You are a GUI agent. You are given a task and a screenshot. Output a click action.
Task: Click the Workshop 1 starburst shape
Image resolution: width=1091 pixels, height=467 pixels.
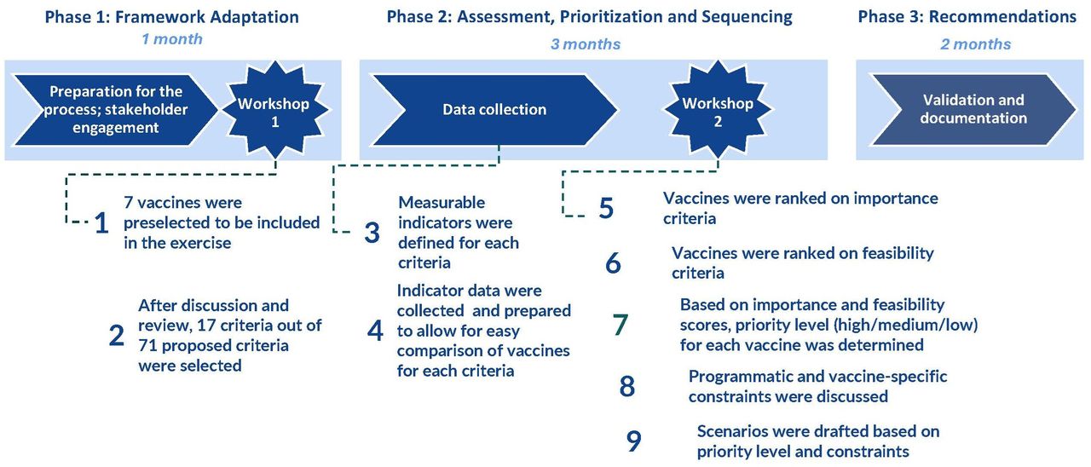pos(275,110)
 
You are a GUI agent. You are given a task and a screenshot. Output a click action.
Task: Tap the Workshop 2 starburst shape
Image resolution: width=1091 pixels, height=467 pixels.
pos(718,110)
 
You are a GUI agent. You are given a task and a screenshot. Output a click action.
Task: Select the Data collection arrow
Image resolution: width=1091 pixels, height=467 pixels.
pos(494,110)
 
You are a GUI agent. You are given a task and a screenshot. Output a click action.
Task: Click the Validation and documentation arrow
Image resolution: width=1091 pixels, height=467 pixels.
pos(973,110)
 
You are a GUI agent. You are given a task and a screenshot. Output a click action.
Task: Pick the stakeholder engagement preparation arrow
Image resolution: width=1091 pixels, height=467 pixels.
pos(115,110)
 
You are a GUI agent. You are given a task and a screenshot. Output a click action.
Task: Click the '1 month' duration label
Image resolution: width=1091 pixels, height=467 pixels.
pos(172,39)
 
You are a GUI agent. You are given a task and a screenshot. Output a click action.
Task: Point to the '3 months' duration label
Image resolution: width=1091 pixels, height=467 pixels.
pos(586,44)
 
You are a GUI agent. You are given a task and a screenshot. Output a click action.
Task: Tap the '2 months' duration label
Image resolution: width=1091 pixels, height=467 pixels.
pos(976,44)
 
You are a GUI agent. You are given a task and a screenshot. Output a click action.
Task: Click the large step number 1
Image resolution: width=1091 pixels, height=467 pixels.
pos(101,223)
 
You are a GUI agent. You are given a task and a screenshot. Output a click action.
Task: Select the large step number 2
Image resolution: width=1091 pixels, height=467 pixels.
pos(117,336)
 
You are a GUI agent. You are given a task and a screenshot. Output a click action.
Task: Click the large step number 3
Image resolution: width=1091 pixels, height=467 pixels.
pos(372,233)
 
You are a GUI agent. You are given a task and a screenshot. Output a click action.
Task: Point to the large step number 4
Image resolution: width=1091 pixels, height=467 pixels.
pos(375,332)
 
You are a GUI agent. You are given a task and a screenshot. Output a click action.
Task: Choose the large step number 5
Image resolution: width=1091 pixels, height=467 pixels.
pos(606,208)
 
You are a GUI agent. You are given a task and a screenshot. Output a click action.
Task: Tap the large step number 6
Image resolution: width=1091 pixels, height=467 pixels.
pos(613,263)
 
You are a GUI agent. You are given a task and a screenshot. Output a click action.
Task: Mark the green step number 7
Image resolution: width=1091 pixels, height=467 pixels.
pos(620,325)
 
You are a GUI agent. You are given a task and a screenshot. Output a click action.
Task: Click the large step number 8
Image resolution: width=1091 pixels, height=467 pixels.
pos(627,387)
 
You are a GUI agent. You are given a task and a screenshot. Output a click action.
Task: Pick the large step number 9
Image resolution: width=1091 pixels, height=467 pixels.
pos(633,441)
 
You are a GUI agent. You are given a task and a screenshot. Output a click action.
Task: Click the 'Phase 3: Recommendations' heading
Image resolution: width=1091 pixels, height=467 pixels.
pos(967,16)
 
